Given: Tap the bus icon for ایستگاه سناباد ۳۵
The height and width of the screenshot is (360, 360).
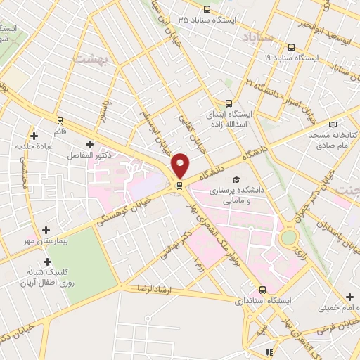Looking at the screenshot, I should click(x=206, y=10).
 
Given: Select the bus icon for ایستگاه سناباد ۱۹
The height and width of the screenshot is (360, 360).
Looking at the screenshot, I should click(x=294, y=47).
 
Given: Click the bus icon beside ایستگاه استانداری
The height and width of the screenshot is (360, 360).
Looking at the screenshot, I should click(x=263, y=290).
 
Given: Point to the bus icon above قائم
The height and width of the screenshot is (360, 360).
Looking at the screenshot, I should click(x=59, y=120).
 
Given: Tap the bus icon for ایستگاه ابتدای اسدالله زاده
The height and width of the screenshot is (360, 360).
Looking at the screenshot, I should click(x=228, y=103).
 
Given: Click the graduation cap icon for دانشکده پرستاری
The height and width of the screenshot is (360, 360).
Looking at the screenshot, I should click(x=237, y=180).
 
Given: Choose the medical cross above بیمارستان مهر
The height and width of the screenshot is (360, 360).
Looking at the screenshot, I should click(x=46, y=230).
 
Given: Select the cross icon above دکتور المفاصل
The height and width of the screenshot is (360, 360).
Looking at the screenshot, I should click(x=89, y=143).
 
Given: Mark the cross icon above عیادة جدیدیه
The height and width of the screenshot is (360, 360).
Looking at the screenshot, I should click(x=34, y=135).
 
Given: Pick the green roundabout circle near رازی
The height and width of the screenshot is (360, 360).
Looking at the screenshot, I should click(x=288, y=238).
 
